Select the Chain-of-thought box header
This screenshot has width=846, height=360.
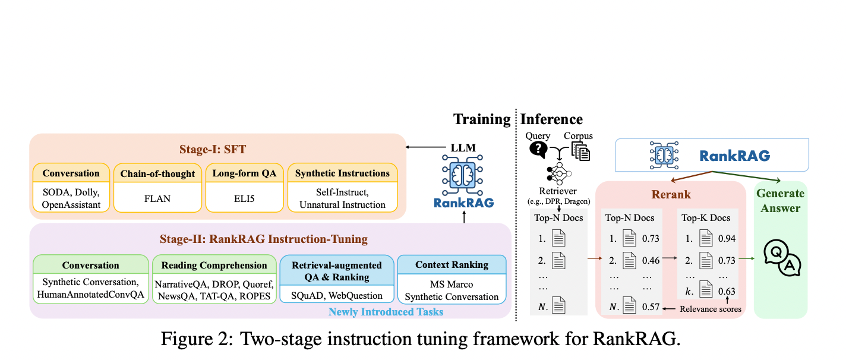[157, 173]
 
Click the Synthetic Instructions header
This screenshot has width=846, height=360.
[342, 173]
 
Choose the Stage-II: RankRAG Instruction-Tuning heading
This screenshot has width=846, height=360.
[263, 239]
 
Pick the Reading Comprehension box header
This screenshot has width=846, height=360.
[214, 265]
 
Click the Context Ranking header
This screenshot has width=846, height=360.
[452, 265]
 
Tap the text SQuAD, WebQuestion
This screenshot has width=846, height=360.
[337, 296]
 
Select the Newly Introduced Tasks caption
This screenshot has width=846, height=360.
[386, 311]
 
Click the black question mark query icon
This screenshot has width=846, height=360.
[538, 149]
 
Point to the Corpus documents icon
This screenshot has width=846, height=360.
[580, 151]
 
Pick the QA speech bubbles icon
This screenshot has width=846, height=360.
[780, 259]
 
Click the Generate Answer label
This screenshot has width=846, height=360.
[780, 200]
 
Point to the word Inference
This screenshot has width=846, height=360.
[551, 119]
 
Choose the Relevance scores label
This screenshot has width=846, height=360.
[711, 309]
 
